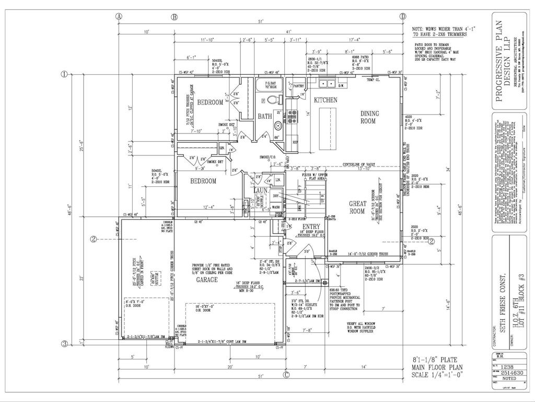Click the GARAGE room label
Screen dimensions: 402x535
pyautogui.click(x=207, y=280)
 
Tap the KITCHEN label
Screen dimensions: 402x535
pyautogui.click(x=325, y=99)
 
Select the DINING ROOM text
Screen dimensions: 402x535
pyautogui.click(x=370, y=117)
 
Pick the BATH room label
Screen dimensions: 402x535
pyautogui.click(x=264, y=116)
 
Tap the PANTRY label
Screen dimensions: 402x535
pyautogui.click(x=299, y=86)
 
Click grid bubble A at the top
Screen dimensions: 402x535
pyautogui.click(x=119, y=16)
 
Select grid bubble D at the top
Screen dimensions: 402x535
pyautogui.click(x=402, y=16)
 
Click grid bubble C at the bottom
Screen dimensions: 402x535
pyautogui.click(x=286, y=374)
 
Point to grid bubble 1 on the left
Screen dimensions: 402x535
pyautogui.click(x=64, y=74)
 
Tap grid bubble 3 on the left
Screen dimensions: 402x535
pyautogui.click(x=64, y=344)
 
